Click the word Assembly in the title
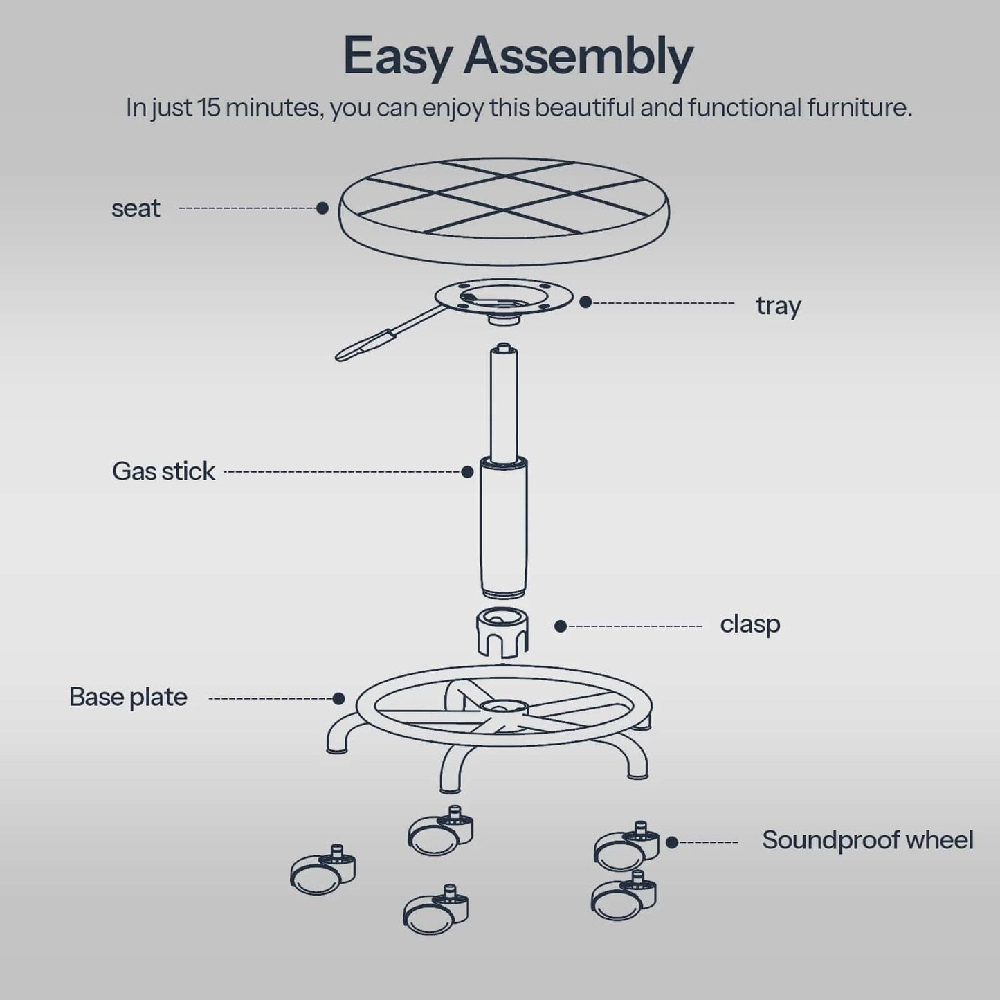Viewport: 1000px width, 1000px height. [578, 57]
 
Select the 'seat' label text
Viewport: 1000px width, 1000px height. [136, 208]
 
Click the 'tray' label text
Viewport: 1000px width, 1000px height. [778, 305]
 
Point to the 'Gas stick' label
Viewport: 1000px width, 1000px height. [163, 471]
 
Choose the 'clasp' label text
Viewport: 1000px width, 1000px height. [749, 624]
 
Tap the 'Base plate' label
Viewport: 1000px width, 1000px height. [128, 697]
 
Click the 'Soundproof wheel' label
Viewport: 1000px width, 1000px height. [867, 840]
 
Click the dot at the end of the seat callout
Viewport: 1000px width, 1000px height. [322, 208]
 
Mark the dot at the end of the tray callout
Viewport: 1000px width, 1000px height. [585, 302]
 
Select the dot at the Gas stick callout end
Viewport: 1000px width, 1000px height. [467, 472]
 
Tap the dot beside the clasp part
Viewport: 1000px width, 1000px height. [561, 626]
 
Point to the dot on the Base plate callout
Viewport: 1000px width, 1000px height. [338, 698]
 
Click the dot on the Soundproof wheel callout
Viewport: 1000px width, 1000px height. [671, 842]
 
